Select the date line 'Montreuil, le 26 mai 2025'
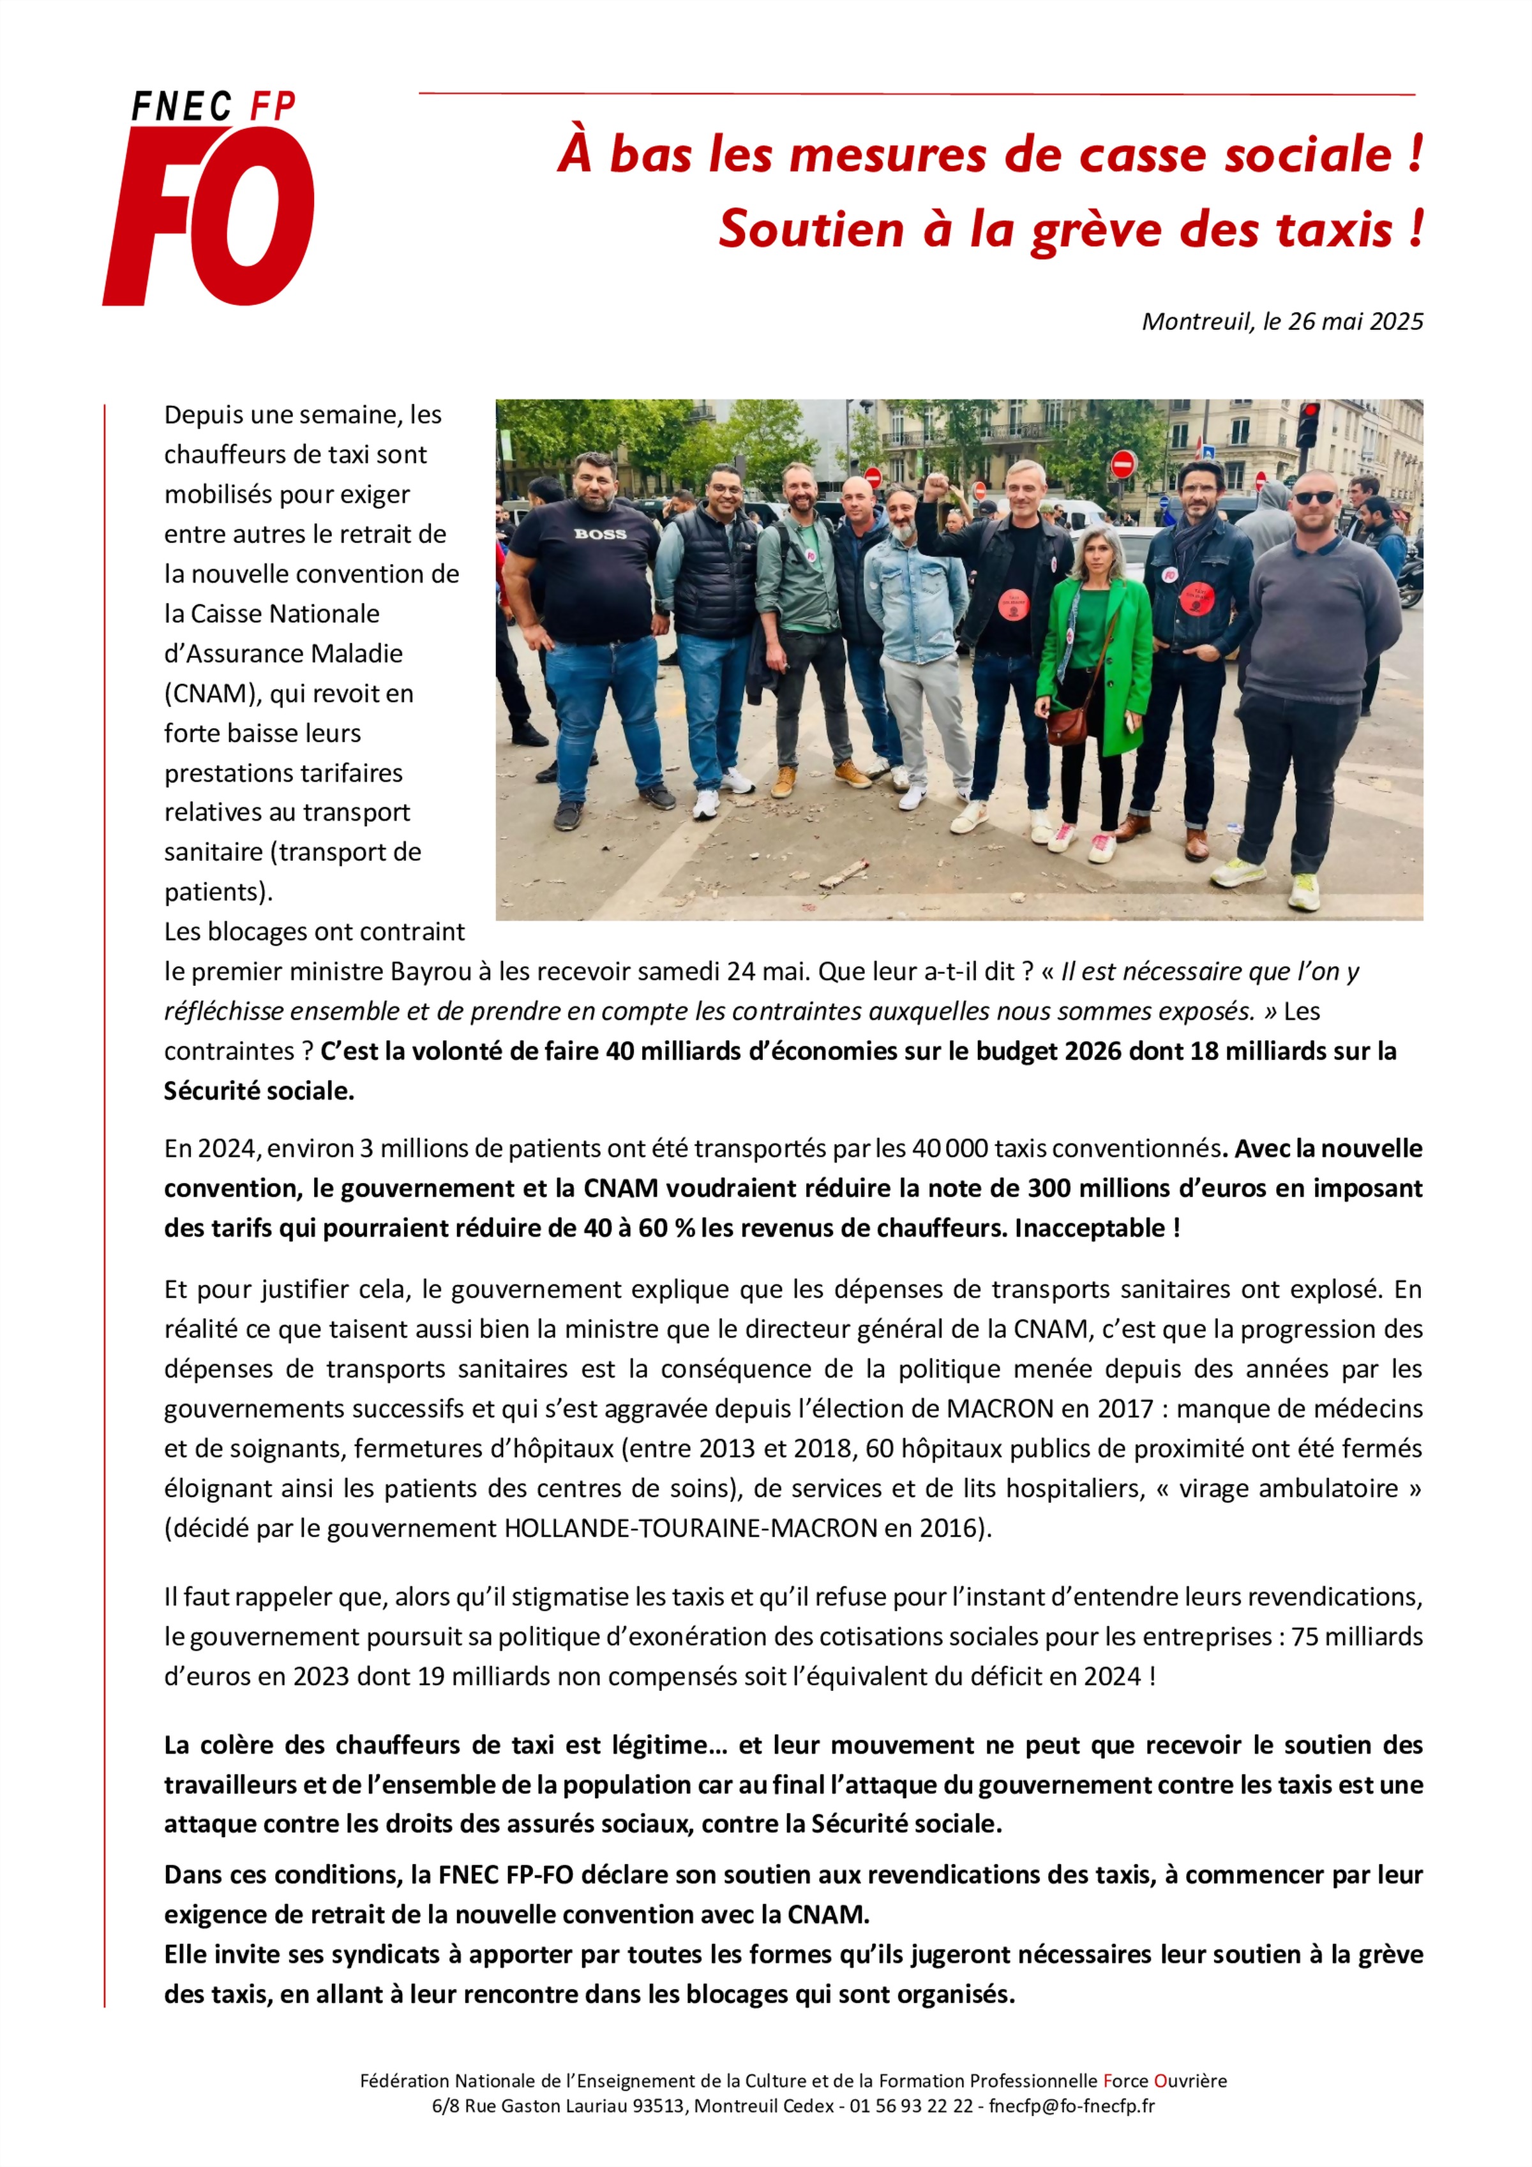tap(1282, 322)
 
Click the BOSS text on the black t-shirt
tap(600, 534)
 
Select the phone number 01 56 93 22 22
tap(911, 2106)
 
